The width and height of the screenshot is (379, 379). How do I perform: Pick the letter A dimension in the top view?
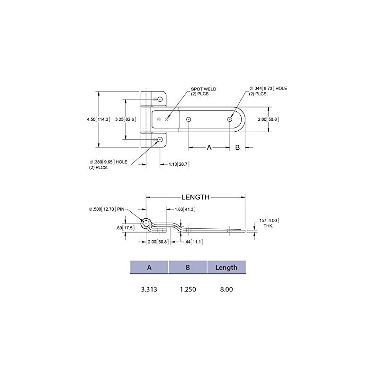coord(209,148)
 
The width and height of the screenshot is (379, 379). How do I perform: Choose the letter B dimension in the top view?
coord(237,148)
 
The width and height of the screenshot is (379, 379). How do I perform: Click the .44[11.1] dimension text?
coord(191,242)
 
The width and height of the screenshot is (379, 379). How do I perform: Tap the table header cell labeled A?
coord(149,268)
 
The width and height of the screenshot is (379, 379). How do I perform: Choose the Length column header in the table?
coord(226,268)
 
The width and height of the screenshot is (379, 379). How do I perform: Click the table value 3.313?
coord(149,288)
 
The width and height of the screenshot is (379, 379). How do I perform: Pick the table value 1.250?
coord(188,288)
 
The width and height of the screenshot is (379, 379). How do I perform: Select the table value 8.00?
coord(226,288)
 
